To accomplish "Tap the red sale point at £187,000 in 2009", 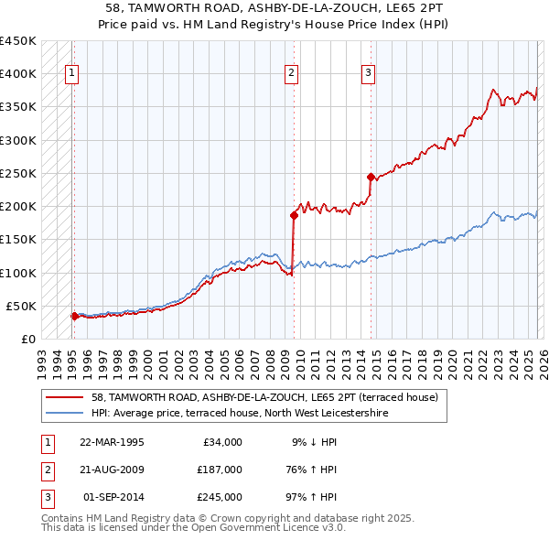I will pyautogui.click(x=294, y=215).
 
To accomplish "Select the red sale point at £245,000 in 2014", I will pyautogui.click(x=371, y=177).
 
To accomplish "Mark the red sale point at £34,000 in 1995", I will pyautogui.click(x=74, y=316).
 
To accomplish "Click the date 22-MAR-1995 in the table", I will pyautogui.click(x=112, y=442).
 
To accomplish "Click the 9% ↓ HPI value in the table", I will pyautogui.click(x=314, y=442).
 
